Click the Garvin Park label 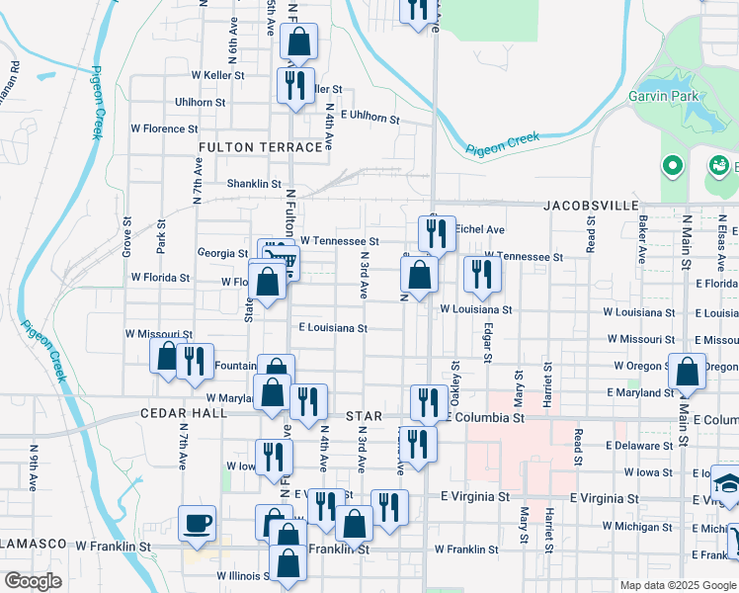[x=661, y=96]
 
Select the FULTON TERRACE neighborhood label [x=261, y=146]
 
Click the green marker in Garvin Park [x=672, y=165]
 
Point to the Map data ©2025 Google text [x=677, y=585]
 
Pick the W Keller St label [x=217, y=74]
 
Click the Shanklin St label [x=254, y=183]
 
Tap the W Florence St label [x=164, y=128]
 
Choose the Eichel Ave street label [x=480, y=228]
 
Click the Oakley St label [x=456, y=376]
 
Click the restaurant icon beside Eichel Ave [x=437, y=233]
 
